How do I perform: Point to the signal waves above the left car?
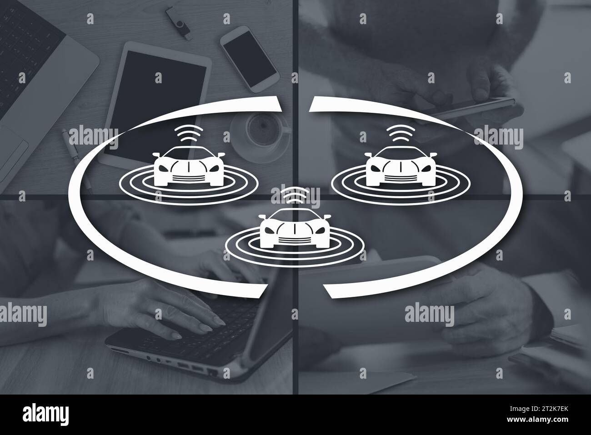[x=188, y=134]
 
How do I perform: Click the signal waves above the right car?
[x=400, y=134]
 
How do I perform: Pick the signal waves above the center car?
[x=294, y=195]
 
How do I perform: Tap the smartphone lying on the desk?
[x=249, y=59]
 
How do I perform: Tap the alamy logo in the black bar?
[x=48, y=415]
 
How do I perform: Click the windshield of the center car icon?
[x=294, y=216]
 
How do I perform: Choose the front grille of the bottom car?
[x=294, y=240]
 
